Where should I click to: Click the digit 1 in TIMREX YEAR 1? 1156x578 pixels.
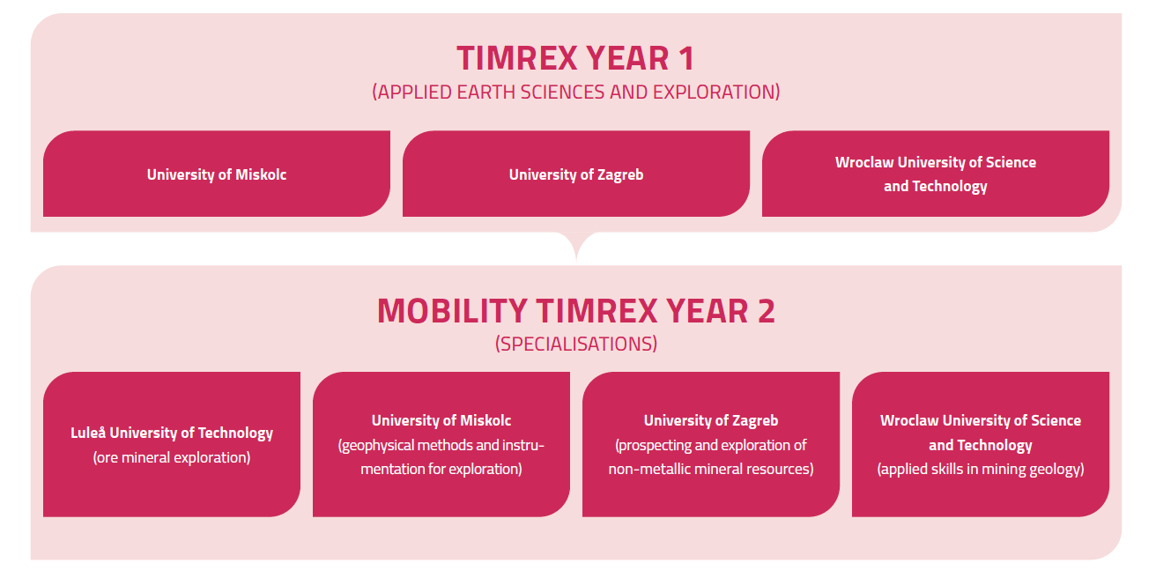pos(686,58)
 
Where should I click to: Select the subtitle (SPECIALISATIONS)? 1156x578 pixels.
pos(576,344)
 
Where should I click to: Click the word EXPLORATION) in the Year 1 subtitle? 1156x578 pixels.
pos(716,92)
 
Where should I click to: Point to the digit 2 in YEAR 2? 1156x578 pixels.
pos(766,311)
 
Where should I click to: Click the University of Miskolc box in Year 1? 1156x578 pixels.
pos(217,174)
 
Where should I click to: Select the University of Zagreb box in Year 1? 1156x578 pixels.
pos(576,174)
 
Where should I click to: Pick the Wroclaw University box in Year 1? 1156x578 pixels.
pos(936,174)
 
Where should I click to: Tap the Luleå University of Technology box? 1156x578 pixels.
pos(172,444)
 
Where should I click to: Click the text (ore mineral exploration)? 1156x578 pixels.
pos(172,457)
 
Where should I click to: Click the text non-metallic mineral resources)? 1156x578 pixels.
pos(711,469)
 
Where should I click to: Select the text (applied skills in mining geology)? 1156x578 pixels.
pos(981,469)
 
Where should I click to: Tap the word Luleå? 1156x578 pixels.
pos(88,433)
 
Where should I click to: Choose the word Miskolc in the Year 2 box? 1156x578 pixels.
pos(485,420)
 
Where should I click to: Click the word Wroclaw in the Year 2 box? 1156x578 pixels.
pos(909,420)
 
